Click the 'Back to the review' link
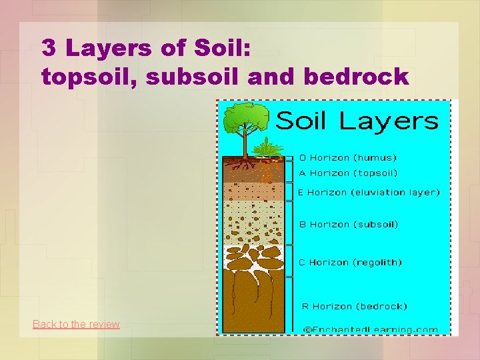coord(76,325)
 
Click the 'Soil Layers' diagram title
coord(357,121)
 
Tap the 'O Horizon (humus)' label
coord(347,158)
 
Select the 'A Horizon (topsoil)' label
coord(347,173)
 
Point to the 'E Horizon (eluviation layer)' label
coord(369,192)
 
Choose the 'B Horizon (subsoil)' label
coord(348,225)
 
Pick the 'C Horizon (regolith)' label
coord(350,263)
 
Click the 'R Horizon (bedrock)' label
coord(354,307)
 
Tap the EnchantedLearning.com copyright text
coord(371,329)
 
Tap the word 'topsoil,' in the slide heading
coord(91,77)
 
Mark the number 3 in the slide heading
coord(49,47)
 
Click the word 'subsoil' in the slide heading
coord(193,77)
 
